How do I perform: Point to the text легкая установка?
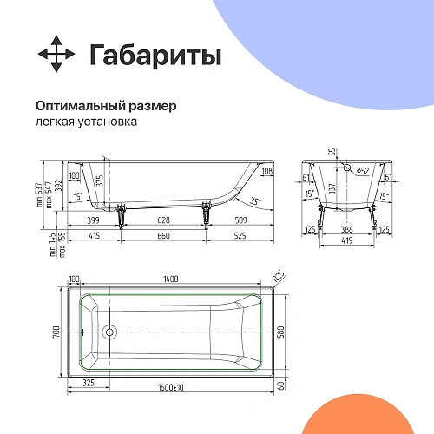pyautogui.click(x=87, y=122)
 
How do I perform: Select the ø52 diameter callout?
pyautogui.click(x=363, y=171)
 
